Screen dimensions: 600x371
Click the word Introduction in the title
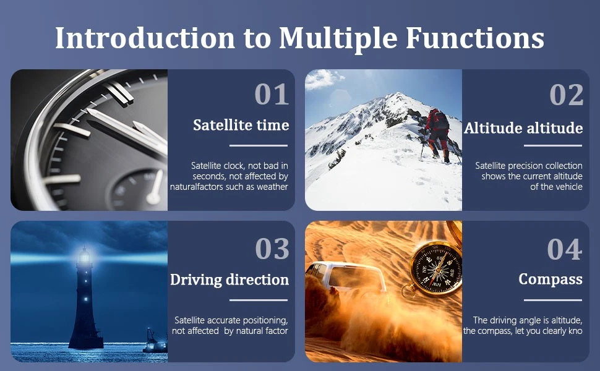145,38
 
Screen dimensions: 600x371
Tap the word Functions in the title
474,38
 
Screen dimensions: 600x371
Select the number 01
272,94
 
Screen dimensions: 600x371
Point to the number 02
567,94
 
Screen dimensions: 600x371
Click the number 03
272,249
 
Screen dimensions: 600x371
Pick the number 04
565,249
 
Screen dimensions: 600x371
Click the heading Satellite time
241,125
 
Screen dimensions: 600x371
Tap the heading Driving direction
229,279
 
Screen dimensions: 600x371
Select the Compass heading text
551,279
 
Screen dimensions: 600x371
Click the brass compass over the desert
434,268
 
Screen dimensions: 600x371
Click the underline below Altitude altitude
553,146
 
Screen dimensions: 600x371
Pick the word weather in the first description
272,187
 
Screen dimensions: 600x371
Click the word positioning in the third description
265,320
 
